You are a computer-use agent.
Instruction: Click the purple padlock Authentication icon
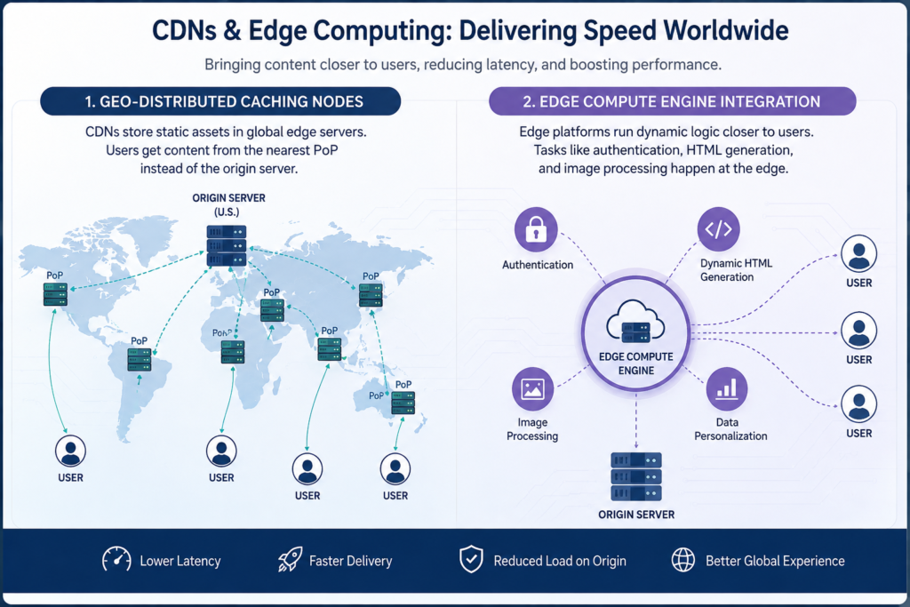[536, 229]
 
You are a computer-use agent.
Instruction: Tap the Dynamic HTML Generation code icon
[718, 228]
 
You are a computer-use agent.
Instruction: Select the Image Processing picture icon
[533, 388]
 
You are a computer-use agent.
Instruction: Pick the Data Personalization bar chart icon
[727, 388]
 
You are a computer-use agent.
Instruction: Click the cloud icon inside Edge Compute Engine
[635, 321]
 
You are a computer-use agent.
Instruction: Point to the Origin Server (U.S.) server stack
[227, 245]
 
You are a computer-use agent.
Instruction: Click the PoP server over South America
[140, 360]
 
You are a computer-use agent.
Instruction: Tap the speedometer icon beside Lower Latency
[116, 560]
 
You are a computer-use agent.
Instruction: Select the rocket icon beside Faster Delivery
[290, 560]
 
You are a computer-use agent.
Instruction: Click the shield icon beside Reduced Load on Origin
[471, 559]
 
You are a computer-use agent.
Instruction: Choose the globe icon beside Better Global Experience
[683, 560]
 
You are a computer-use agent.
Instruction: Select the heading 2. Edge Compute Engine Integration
[672, 101]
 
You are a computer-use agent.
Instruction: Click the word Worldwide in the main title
[725, 30]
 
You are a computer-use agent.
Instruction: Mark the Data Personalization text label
[730, 429]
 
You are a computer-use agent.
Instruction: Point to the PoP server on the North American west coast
[55, 294]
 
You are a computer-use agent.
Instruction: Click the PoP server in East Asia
[371, 295]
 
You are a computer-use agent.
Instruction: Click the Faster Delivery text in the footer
[350, 561]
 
